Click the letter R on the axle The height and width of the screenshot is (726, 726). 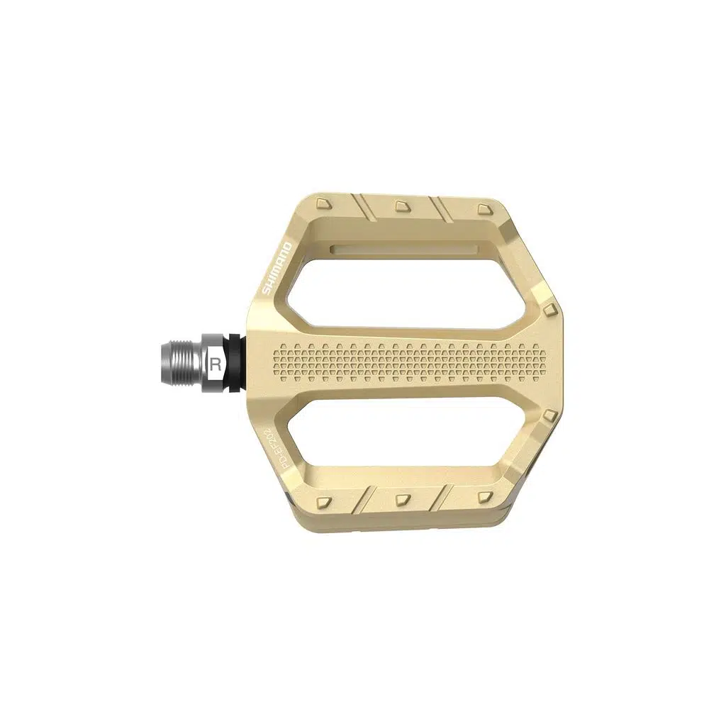point(215,364)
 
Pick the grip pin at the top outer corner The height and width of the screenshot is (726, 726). point(484,208)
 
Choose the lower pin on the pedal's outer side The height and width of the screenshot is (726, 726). point(550,415)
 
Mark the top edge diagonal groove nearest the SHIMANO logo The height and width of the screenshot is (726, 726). point(363,208)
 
